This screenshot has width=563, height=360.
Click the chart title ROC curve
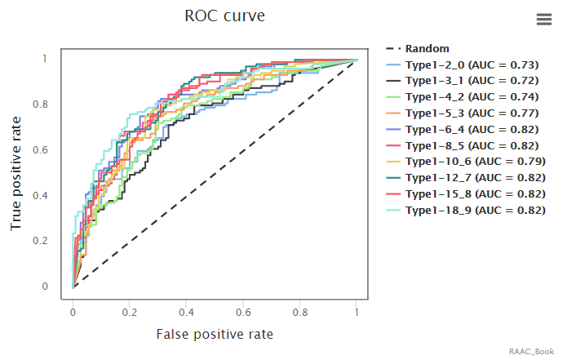[x=224, y=16]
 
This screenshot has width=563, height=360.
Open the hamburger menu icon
[x=544, y=20]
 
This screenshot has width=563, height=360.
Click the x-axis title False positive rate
[x=215, y=334]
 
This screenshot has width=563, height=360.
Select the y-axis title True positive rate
[x=16, y=172]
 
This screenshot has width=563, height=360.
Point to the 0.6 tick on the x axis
[x=243, y=312]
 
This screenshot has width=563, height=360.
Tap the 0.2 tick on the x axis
[x=130, y=312]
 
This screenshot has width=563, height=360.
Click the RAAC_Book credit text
[x=532, y=351]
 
